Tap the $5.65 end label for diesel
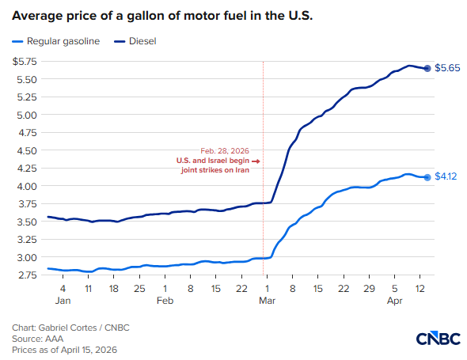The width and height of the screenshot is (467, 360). pos(449,69)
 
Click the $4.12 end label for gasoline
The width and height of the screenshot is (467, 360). pos(448,178)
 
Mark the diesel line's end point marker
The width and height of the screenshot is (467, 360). pos(428,69)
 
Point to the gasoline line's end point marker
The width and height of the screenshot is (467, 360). pos(428,177)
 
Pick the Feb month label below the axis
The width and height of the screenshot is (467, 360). pos(165,301)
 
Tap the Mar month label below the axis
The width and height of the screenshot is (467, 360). pos(268,301)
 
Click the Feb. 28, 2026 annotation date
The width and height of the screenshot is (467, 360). pos(225,150)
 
